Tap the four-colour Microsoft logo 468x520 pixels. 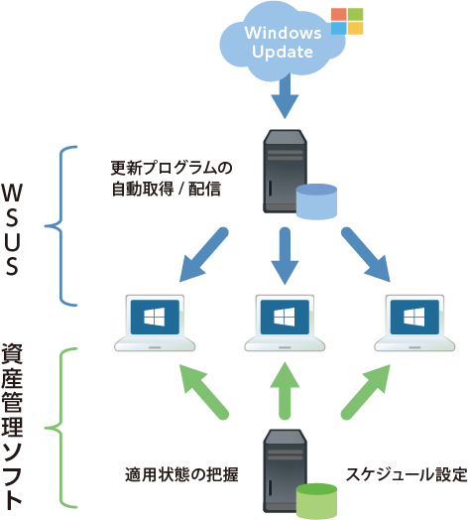pos(347,21)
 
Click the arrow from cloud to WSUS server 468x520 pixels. pos(285,96)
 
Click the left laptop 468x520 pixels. pos(155,323)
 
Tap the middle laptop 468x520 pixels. pos(285,323)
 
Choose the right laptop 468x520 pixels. pos(414,323)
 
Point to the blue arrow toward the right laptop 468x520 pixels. pos(365,253)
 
